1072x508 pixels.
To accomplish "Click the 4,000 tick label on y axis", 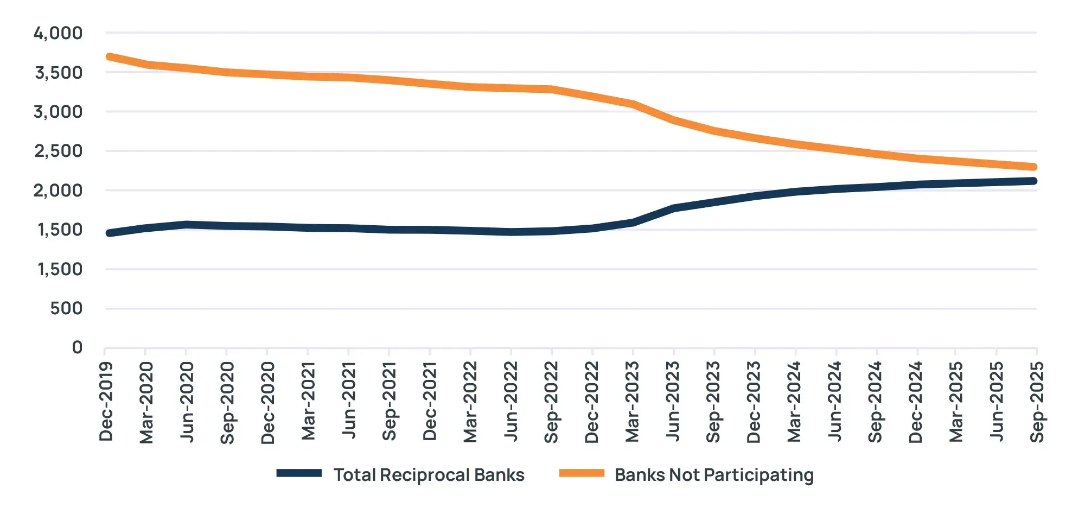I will (x=58, y=33).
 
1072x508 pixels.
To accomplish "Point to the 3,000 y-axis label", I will (x=58, y=112).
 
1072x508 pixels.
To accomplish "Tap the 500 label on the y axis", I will (x=66, y=308).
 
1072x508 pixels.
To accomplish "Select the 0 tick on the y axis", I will (x=77, y=347).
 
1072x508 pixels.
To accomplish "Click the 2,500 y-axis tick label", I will (x=58, y=151).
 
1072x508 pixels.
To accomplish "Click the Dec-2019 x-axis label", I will (x=106, y=402).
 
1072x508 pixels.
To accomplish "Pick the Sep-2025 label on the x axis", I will (x=1037, y=402).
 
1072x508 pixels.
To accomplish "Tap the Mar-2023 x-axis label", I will (x=632, y=402).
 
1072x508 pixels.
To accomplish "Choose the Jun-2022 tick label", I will (x=511, y=402).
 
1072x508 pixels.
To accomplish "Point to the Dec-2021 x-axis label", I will (x=430, y=402).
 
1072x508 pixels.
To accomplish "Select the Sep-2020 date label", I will (x=227, y=402).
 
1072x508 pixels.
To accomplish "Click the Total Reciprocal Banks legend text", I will (x=429, y=475).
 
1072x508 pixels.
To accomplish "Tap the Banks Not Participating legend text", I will (x=714, y=475).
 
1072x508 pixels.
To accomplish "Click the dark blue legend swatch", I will (x=299, y=473).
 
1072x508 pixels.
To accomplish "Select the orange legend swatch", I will (x=582, y=473).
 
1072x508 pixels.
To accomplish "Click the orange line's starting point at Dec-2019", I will (x=110, y=56).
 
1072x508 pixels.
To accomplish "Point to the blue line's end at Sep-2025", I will (x=1033, y=181).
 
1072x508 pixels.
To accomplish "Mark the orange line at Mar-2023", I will (x=633, y=104).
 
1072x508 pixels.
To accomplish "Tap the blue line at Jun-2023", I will (x=673, y=208).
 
